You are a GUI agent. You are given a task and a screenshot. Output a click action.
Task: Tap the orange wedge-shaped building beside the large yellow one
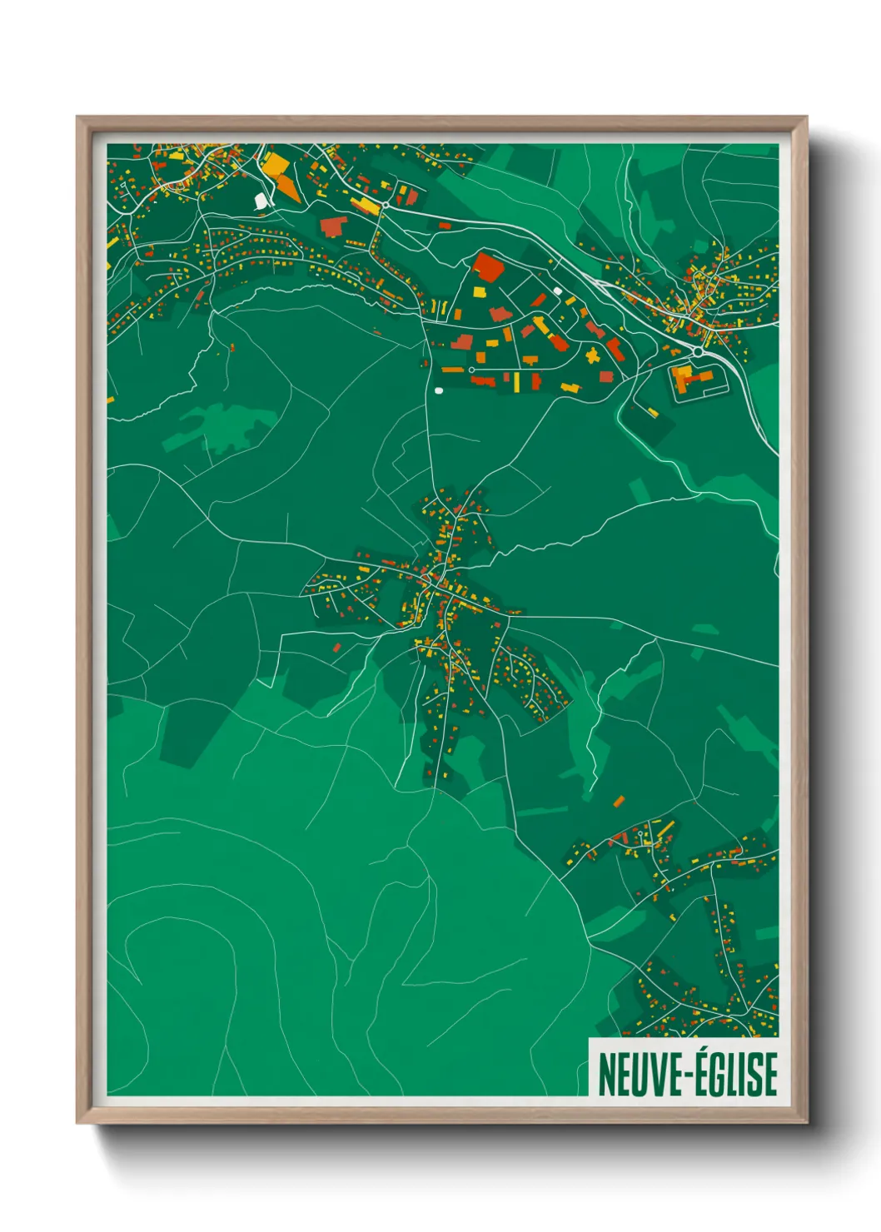click(x=288, y=187)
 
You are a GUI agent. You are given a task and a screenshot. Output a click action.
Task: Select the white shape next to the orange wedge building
click(x=261, y=201)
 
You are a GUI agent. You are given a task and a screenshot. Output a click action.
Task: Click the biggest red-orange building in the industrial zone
click(x=487, y=267)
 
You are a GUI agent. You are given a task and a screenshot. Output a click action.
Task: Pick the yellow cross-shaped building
click(x=592, y=356)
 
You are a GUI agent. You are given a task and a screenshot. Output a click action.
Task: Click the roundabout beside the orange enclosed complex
click(x=697, y=353)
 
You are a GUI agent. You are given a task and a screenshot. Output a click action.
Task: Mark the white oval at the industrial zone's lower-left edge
click(x=439, y=390)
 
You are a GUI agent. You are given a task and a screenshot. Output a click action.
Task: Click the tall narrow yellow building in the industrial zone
click(x=516, y=382)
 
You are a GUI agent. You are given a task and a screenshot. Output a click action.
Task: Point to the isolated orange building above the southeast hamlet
click(x=619, y=801)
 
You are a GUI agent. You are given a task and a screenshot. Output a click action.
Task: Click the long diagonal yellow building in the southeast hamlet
click(x=666, y=829)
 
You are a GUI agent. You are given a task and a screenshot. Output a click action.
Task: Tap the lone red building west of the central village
click(x=336, y=647)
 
